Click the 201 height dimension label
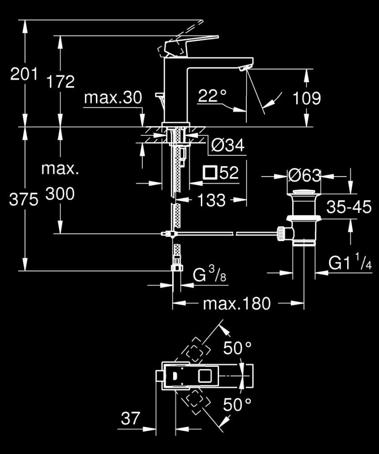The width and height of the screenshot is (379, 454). (x=24, y=75)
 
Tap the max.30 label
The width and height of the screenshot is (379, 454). (x=113, y=98)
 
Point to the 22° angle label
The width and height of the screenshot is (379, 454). (x=212, y=96)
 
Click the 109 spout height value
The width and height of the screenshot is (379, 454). (x=306, y=98)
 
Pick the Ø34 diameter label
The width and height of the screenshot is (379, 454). (x=227, y=146)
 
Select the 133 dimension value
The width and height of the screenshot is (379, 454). (x=211, y=200)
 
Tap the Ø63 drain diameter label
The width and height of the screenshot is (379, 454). (x=304, y=176)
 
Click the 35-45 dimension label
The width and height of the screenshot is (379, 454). (x=349, y=207)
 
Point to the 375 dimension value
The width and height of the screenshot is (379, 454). (x=24, y=200)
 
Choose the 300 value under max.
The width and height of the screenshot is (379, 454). (x=61, y=194)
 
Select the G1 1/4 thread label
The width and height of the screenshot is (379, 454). (x=350, y=263)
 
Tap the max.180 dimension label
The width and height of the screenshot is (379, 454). (x=237, y=304)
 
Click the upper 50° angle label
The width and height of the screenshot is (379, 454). (x=237, y=348)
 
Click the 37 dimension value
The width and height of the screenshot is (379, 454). (x=130, y=418)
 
